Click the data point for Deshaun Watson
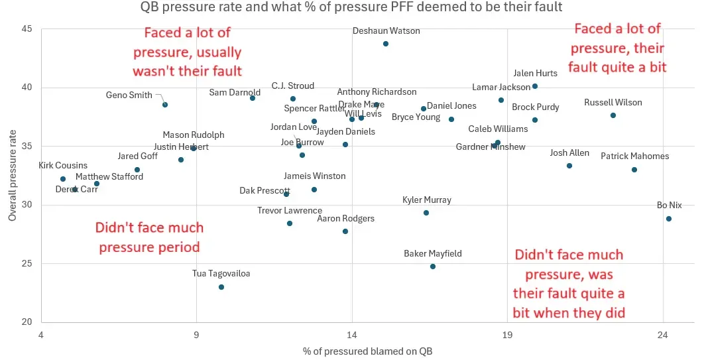(386, 44)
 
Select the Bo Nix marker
(668, 219)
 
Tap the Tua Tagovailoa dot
(221, 287)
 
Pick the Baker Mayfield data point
(433, 267)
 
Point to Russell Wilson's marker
(613, 115)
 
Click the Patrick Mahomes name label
(634, 156)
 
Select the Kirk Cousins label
(63, 166)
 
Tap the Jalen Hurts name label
(535, 74)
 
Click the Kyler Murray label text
(427, 200)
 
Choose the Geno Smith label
(129, 95)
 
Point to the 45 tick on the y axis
(27, 29)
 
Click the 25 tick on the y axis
(27, 264)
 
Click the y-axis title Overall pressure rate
(12, 176)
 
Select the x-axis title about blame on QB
(367, 351)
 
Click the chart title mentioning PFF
(351, 8)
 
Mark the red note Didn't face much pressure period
(149, 237)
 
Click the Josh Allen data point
(569, 166)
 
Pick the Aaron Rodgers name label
(345, 218)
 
